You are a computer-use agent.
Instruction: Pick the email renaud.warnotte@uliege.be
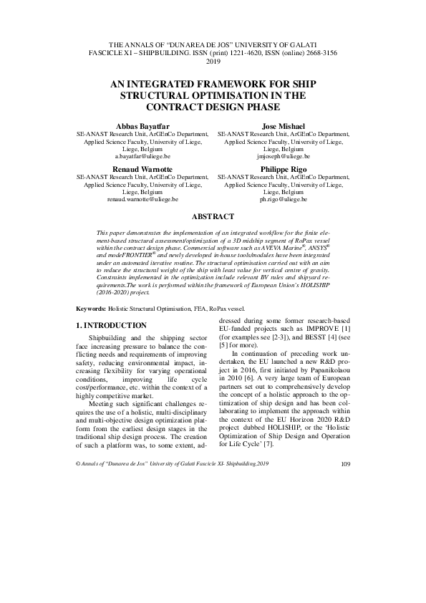click(142, 200)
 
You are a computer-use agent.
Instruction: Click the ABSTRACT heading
click(213, 216)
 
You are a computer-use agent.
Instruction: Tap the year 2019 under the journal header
click(213, 62)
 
